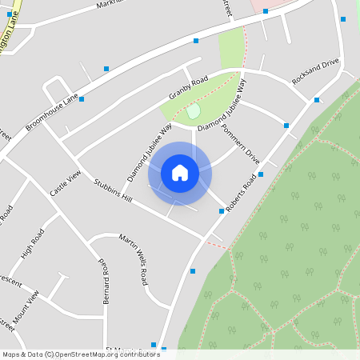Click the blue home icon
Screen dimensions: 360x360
pyautogui.click(x=180, y=173)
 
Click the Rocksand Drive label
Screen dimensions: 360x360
pyautogui.click(x=315, y=71)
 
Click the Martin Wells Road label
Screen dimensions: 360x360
pyautogui.click(x=134, y=260)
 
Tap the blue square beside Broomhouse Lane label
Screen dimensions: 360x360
pyautogui.click(x=82, y=99)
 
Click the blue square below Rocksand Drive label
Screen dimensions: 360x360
pyautogui.click(x=317, y=100)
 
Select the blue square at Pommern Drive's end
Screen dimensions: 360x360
pyautogui.click(x=261, y=174)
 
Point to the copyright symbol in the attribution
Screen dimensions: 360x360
pyautogui.click(x=50, y=354)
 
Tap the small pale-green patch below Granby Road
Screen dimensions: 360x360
pyautogui.click(x=193, y=111)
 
